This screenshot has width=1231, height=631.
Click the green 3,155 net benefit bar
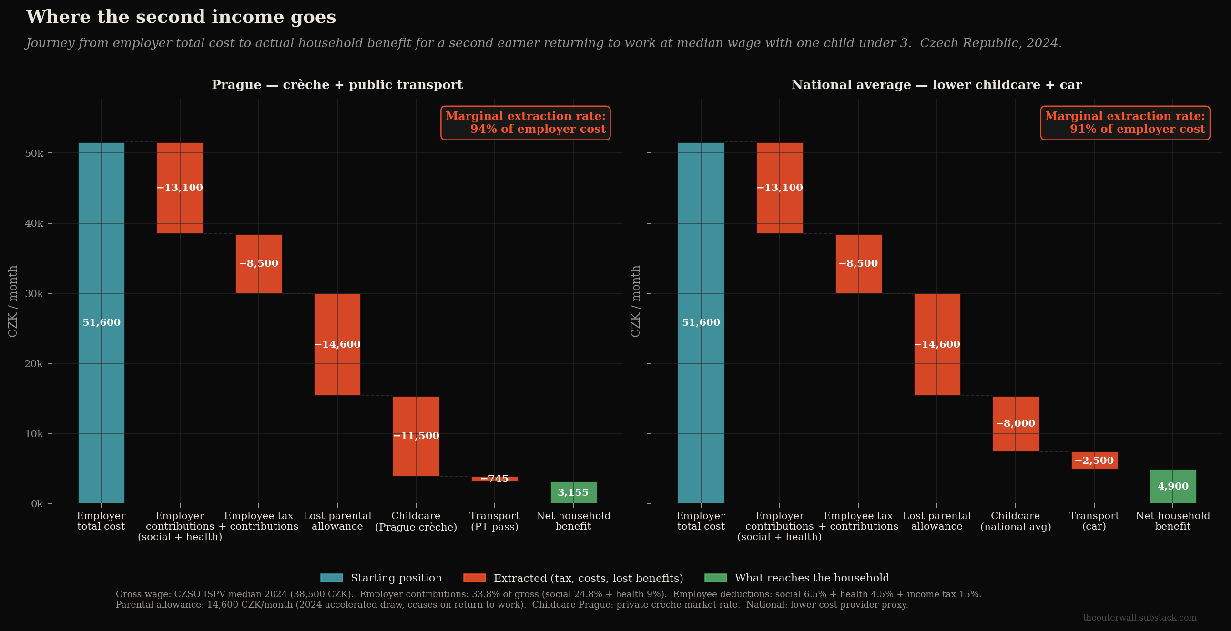573,492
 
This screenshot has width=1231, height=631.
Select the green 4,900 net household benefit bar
1173,486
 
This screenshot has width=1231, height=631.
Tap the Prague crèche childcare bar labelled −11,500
416,436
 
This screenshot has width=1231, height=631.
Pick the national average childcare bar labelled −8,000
1016,424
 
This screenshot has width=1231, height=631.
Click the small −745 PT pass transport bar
495,479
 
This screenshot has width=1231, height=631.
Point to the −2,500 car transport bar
1095,461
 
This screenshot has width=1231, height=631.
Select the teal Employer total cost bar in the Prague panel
102,323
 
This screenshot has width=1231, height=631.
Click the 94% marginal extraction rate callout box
526,123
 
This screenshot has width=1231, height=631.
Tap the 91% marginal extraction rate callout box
1125,123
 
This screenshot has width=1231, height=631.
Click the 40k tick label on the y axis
34,223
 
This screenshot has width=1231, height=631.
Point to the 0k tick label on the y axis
37,504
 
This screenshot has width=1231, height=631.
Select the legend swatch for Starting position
332,578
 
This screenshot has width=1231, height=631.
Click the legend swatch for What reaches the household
716,578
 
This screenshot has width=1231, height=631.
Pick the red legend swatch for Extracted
475,578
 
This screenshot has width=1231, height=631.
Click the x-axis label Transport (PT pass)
495,521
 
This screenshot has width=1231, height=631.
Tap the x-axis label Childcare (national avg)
1016,521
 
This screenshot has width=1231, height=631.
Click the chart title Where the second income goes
181,17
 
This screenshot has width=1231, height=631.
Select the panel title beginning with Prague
337,85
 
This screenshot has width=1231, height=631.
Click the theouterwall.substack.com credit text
1139,618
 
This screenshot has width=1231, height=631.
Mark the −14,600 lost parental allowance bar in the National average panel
937,344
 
